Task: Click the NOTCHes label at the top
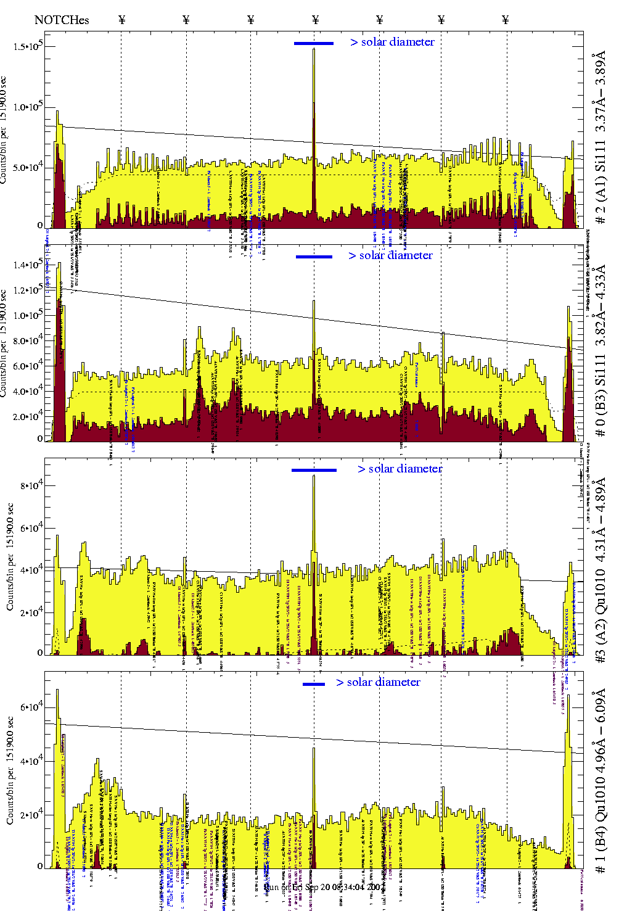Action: pos(62,20)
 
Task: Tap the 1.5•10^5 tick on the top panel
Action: pos(27,47)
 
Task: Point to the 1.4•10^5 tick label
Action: pos(27,265)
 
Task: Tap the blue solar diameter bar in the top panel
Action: pos(314,43)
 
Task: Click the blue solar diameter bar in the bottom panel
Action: pos(314,684)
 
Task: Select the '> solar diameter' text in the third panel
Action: pos(400,469)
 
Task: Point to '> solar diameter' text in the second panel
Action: pos(390,255)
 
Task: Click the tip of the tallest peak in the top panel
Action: pos(314,49)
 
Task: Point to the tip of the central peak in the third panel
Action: pos(314,476)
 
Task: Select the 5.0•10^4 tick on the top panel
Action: pos(27,167)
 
